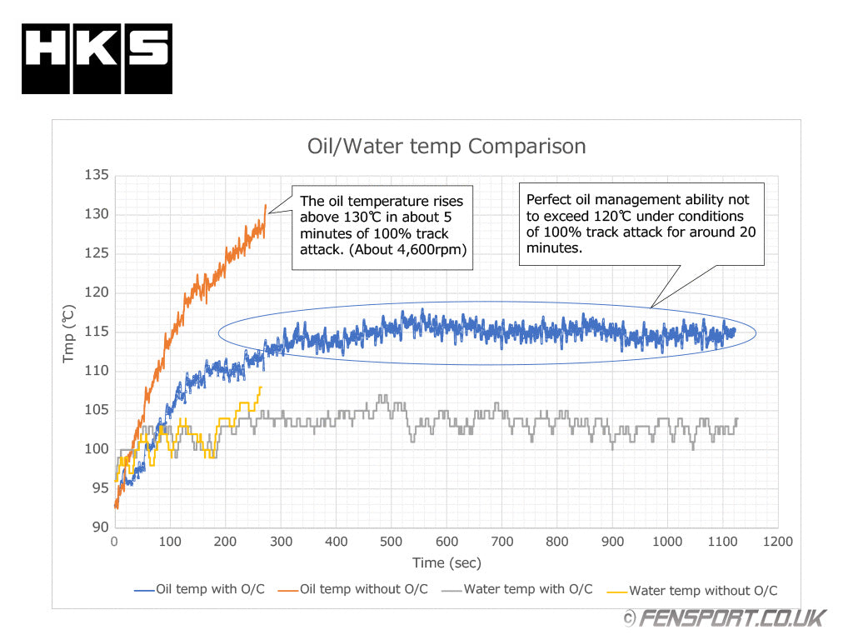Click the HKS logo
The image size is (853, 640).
(x=97, y=58)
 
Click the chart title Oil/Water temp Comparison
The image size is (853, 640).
(x=446, y=147)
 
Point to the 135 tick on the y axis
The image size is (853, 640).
(x=97, y=175)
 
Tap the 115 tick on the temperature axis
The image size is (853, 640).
(x=97, y=332)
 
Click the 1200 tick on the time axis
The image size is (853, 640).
(x=777, y=542)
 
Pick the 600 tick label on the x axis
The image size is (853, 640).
(x=446, y=542)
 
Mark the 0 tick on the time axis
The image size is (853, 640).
(x=115, y=542)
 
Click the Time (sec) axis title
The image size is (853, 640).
(x=446, y=563)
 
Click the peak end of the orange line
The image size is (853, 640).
(x=266, y=205)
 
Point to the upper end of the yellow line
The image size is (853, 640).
(x=261, y=387)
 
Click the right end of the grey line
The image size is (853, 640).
(x=737, y=418)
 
